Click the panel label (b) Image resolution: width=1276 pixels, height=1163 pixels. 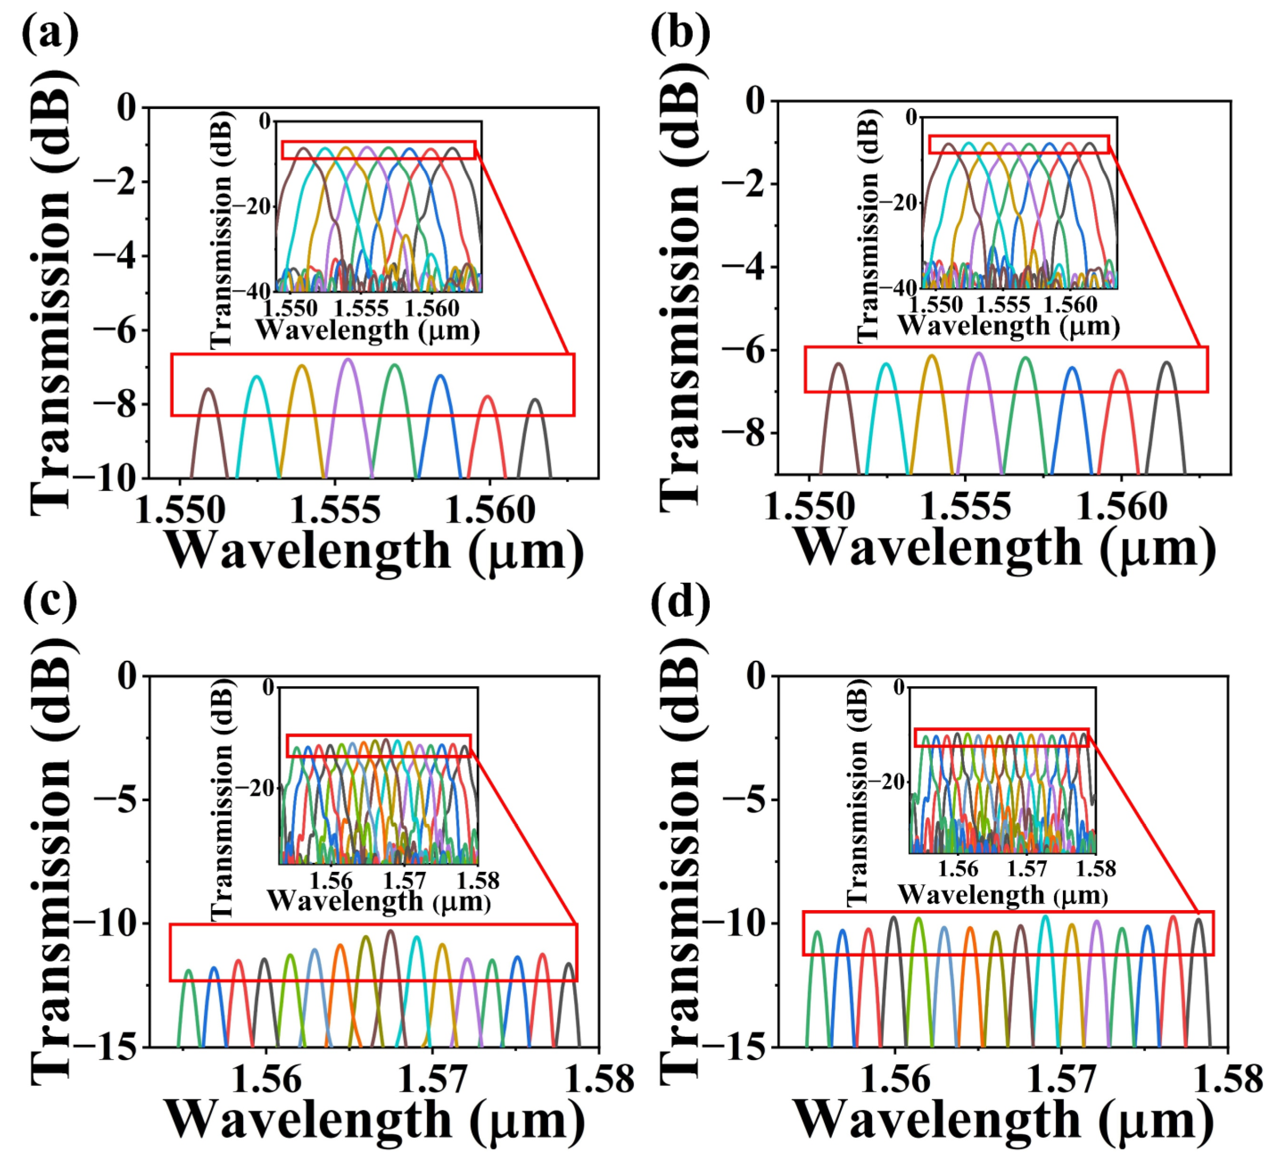[680, 33]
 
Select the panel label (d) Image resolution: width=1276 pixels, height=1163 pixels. [680, 602]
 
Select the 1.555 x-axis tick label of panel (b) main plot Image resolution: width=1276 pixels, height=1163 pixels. [965, 507]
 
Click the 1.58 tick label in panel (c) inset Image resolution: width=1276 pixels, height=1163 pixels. [479, 881]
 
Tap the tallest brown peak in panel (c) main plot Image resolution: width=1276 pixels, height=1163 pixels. [391, 932]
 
